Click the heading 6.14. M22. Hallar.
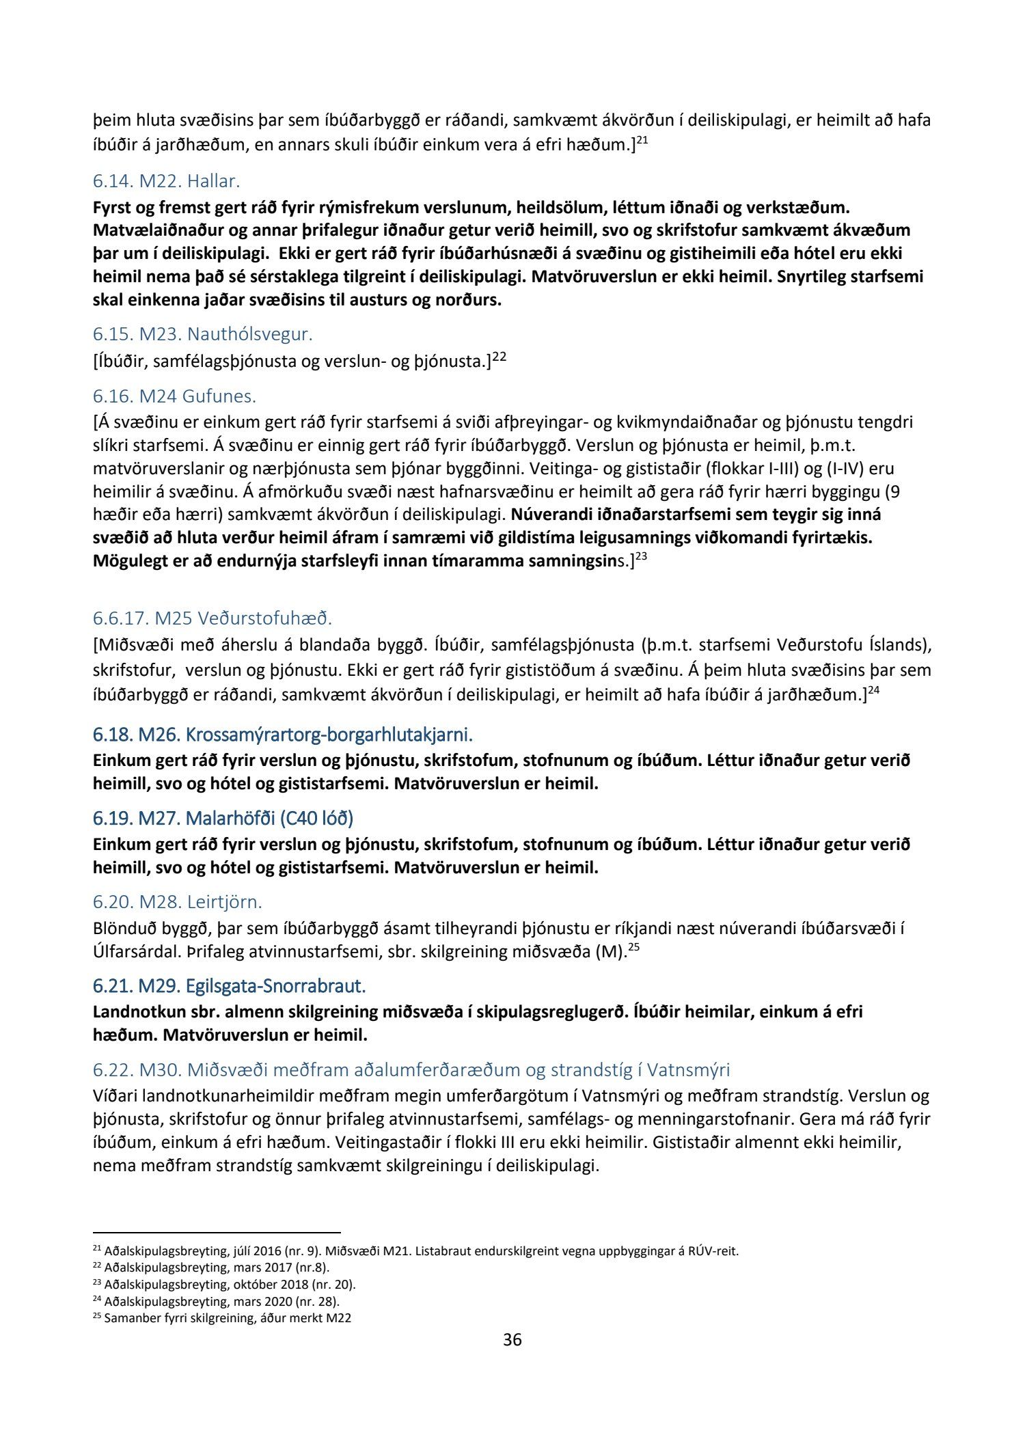[x=166, y=182]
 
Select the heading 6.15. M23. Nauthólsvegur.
[x=202, y=335]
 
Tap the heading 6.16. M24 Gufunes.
[x=174, y=396]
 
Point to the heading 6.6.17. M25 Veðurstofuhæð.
[x=212, y=618]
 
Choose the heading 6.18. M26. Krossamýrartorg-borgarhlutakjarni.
[x=282, y=735]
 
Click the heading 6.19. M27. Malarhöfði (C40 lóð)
[x=223, y=819]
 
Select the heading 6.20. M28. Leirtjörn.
[x=177, y=902]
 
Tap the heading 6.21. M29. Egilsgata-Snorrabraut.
[x=229, y=986]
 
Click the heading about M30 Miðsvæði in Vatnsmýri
[x=411, y=1069]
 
